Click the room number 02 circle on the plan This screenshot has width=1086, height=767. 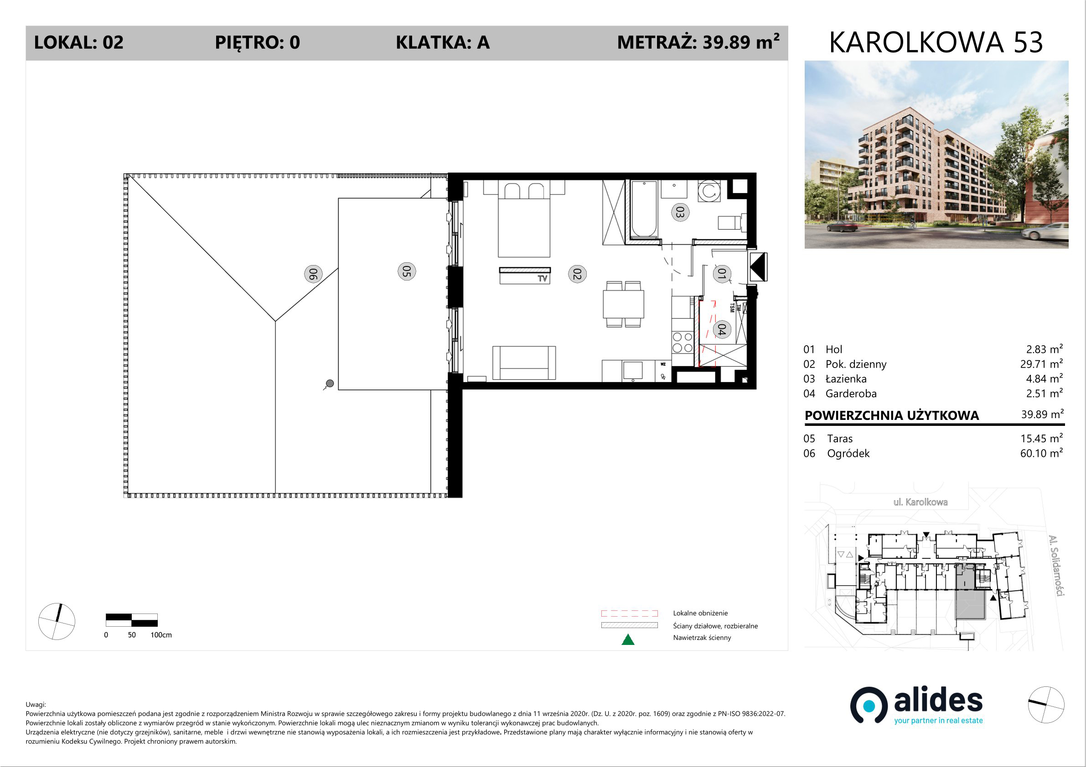pos(577,274)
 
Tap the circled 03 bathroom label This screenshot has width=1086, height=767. pos(680,212)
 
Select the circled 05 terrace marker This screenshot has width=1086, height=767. pos(406,271)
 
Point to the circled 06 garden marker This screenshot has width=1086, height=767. pos(313,274)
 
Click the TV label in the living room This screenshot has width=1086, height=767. pos(543,278)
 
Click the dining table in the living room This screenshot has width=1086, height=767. pos(623,304)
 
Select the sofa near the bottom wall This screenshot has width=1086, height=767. pos(524,363)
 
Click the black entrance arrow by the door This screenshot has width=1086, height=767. pos(757,267)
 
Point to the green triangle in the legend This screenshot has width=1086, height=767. pos(628,639)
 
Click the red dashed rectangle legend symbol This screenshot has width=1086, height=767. pos(629,614)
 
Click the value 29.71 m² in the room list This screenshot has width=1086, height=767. pos(1041,364)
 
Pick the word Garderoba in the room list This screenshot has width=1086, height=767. pos(851,394)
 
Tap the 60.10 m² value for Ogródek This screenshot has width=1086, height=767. pos(1041,453)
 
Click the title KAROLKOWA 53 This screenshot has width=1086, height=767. pos(936,42)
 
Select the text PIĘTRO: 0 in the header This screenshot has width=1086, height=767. pos(257,42)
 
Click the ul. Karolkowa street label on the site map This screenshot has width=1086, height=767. pos(921,502)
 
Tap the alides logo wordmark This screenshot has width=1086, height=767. pos(938,702)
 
